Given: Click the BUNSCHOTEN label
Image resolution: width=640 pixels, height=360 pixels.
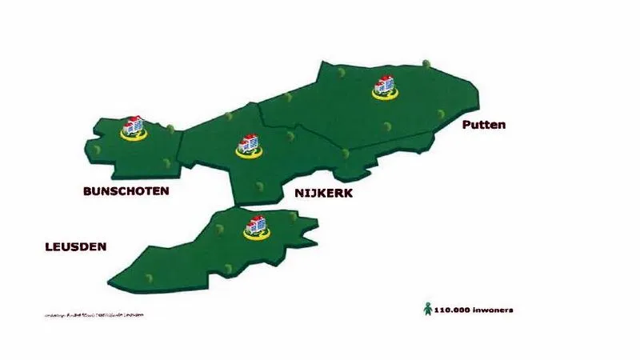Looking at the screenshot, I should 126,191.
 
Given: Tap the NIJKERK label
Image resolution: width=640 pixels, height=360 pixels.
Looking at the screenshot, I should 323,194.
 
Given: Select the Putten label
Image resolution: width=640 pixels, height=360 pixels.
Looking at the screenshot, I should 484,125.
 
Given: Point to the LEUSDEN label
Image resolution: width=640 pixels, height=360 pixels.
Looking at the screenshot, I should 75,247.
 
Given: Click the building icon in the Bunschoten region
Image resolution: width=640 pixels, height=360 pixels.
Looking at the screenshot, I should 133,126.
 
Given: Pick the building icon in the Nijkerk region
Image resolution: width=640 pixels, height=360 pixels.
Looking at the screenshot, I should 249,145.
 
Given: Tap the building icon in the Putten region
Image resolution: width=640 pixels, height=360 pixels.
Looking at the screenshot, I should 385,84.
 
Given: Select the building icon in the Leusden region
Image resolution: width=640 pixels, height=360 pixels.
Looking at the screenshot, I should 256,225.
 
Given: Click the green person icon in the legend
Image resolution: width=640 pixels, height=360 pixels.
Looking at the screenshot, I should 427,308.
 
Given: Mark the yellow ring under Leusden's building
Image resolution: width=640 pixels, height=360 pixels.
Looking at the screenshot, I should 256,234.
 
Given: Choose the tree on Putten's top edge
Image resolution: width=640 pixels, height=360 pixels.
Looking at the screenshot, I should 427,61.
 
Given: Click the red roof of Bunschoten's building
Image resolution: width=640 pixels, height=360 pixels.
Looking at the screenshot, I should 133,119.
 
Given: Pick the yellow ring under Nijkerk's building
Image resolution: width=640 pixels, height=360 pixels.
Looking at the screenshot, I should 249,154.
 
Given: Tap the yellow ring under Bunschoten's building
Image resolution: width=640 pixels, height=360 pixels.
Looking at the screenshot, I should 133,136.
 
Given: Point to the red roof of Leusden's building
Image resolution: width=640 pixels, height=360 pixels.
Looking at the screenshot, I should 256,218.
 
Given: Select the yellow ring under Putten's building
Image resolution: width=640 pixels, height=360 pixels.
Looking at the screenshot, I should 385,94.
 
